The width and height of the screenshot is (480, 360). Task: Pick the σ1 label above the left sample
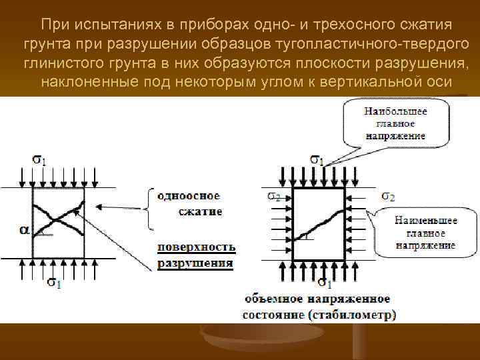tap(39, 161)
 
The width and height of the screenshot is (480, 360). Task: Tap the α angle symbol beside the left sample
tap(24, 230)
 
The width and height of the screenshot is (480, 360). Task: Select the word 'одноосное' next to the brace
tap(189, 196)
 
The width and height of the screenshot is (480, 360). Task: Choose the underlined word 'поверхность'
tap(197, 247)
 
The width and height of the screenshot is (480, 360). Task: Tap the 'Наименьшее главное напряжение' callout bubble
tap(425, 232)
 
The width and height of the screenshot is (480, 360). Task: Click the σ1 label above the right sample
tap(317, 160)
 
